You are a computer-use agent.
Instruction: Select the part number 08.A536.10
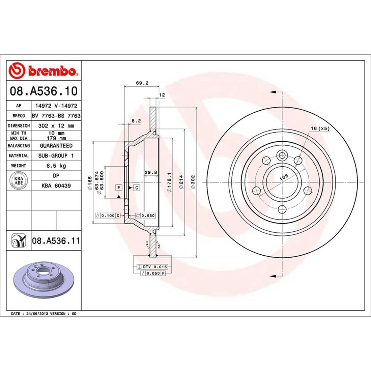tap(44, 91)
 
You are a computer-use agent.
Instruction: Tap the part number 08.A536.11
tap(56, 241)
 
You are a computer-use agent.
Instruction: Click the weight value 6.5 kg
tap(56, 166)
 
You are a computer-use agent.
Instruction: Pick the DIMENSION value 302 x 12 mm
tap(56, 125)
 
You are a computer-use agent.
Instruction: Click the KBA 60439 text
tap(56, 185)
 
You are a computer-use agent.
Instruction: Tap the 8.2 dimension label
tap(136, 120)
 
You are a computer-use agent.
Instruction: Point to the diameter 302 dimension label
tap(193, 182)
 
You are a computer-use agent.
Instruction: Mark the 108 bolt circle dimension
tap(284, 176)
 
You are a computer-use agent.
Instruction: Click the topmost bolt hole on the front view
tap(281, 155)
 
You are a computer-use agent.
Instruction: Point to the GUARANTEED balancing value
tap(56, 146)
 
